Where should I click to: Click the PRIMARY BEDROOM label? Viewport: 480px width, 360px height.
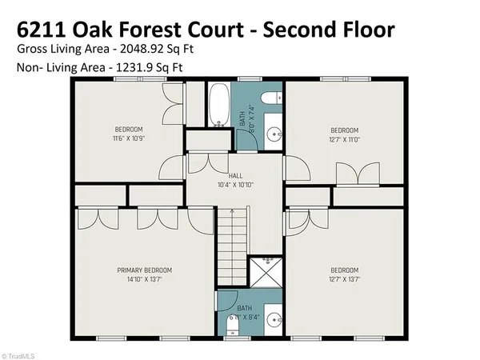[144, 271]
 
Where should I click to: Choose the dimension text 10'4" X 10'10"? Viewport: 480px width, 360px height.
[235, 185]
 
